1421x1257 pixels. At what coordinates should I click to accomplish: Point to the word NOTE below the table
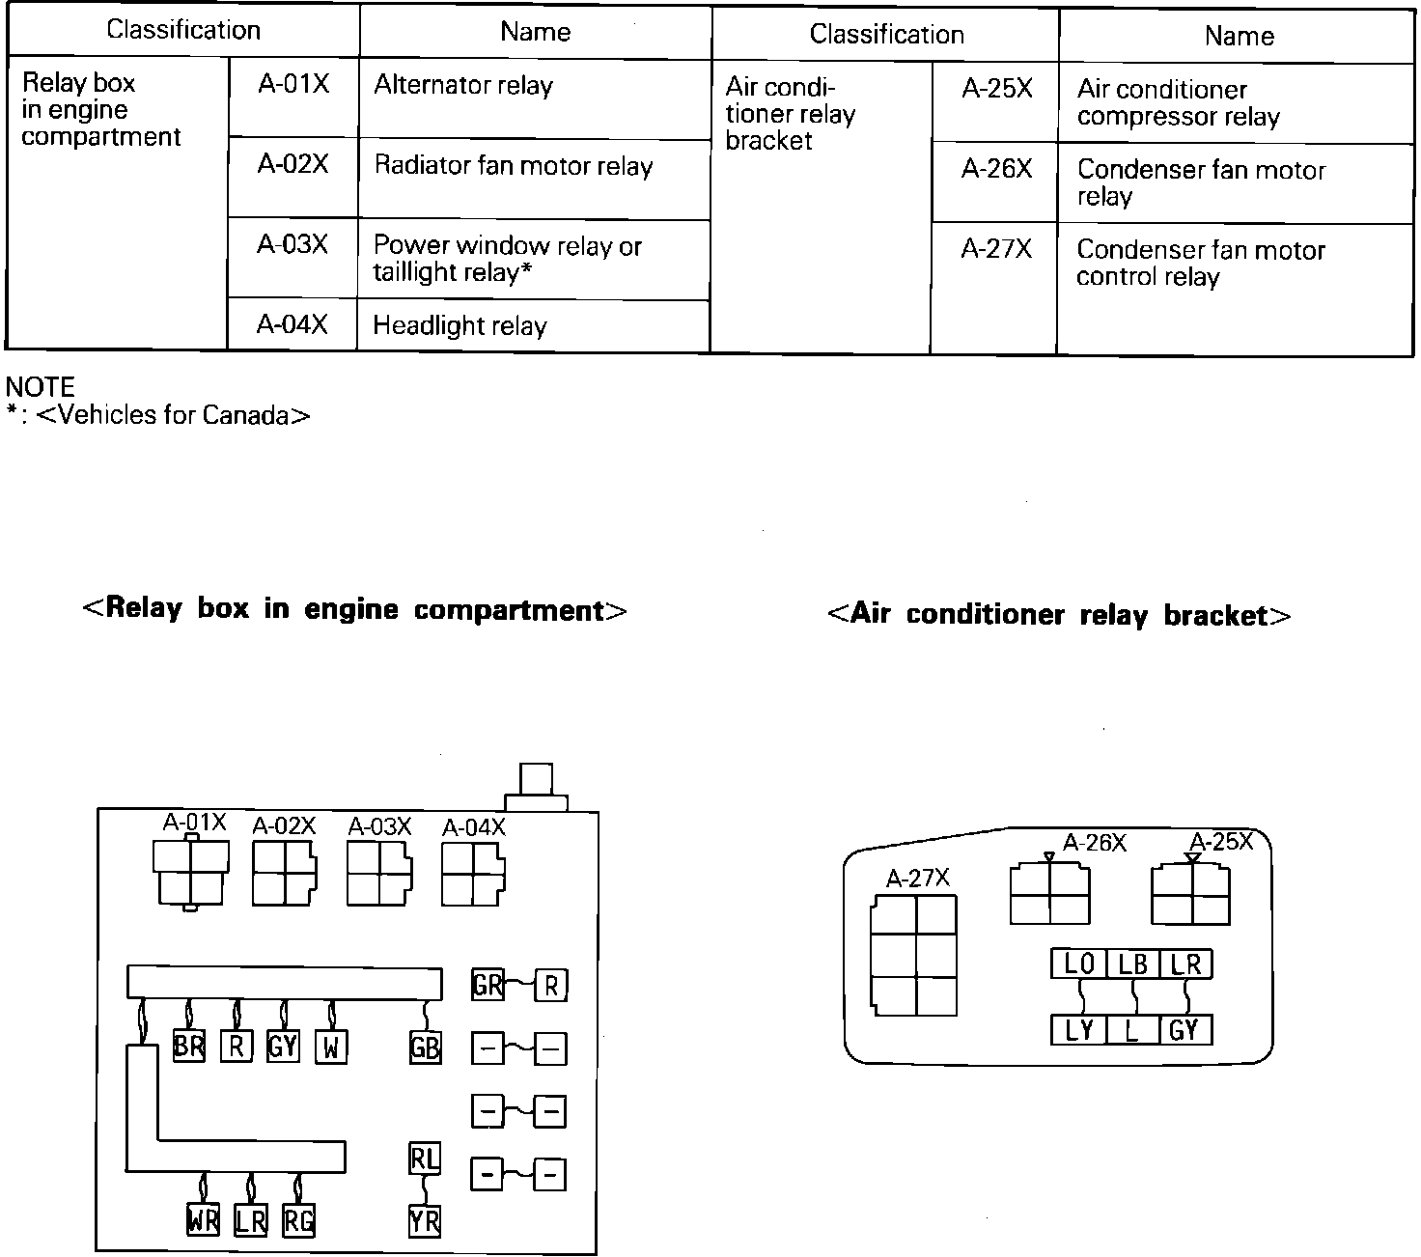41,387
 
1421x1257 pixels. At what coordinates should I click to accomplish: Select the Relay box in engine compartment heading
355,610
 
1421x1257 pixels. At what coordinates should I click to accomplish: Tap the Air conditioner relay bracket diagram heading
1059,615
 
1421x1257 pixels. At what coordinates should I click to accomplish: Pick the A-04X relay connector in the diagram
472,873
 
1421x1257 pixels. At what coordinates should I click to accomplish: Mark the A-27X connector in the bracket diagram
913,955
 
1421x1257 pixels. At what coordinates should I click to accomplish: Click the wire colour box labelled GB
425,1047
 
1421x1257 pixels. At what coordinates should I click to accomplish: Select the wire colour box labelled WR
203,1220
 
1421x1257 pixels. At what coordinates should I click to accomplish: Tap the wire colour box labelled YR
425,1221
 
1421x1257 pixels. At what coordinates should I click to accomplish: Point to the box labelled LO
1078,964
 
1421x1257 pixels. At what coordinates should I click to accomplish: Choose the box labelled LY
1078,1030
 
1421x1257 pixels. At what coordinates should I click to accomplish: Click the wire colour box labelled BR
189,1047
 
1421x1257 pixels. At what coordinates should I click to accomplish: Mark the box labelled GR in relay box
488,985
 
